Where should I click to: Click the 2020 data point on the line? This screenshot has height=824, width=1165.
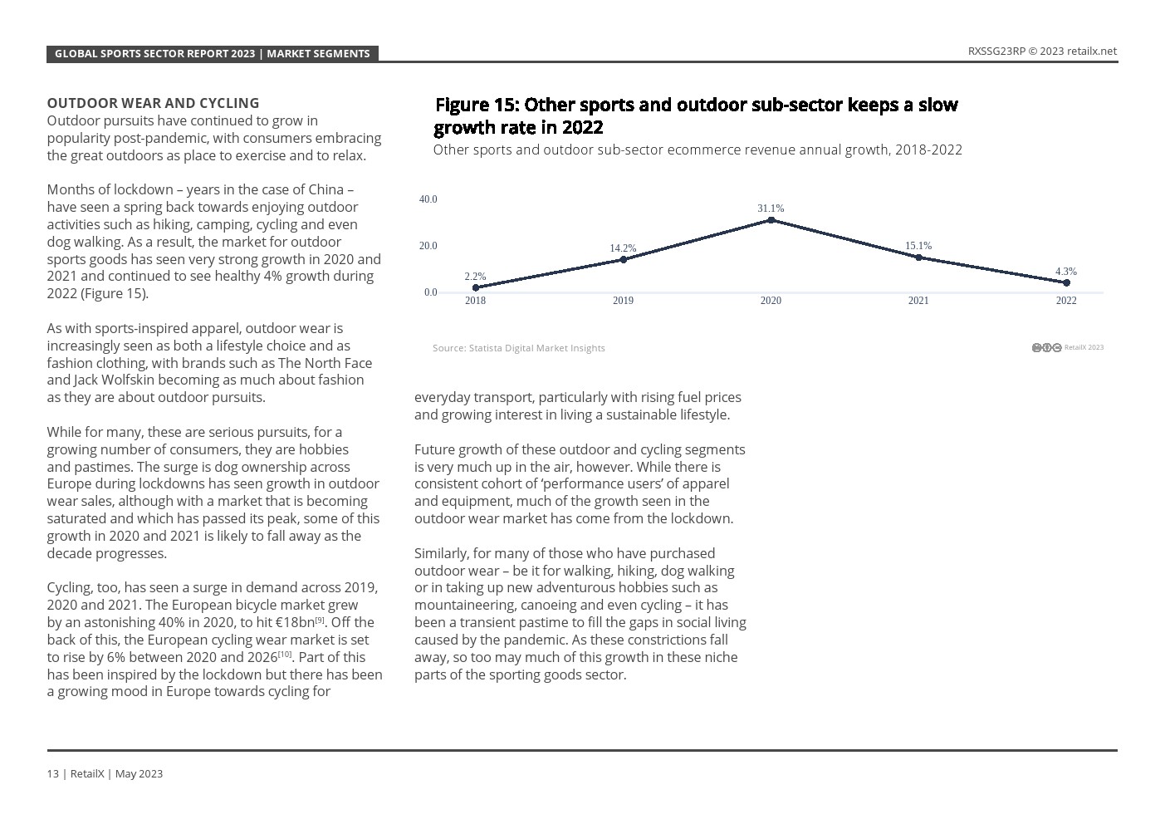tap(771, 220)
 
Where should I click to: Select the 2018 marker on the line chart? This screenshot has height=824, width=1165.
tap(475, 287)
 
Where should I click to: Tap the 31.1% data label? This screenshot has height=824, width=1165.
tap(771, 208)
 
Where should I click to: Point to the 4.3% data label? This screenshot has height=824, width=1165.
tap(1065, 272)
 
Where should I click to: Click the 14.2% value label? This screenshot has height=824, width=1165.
tap(623, 248)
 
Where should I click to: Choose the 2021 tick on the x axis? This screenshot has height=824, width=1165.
tap(918, 301)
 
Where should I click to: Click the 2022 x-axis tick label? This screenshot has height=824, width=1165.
tap(1065, 301)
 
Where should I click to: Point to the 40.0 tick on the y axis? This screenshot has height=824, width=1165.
tap(428, 199)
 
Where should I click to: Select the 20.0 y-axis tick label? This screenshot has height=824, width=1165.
tap(428, 246)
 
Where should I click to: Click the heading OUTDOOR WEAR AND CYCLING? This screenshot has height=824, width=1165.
tap(153, 103)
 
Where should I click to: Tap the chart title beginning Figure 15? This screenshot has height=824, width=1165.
tap(696, 115)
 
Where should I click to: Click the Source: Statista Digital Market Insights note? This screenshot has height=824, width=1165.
tap(518, 348)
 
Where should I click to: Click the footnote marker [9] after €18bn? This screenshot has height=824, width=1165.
tap(320, 620)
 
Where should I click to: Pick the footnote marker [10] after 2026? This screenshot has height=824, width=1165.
tap(285, 655)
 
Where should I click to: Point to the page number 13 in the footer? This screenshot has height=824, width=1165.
tap(52, 773)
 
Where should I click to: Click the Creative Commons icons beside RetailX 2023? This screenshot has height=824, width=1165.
tap(1046, 347)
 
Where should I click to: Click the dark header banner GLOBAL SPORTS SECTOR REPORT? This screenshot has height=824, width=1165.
tap(212, 53)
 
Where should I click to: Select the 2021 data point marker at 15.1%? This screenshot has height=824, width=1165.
tap(918, 257)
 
